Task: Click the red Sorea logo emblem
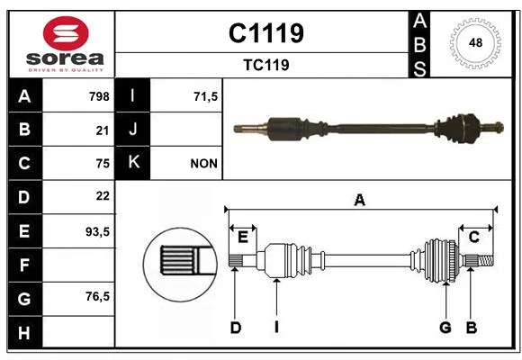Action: [x=66, y=33]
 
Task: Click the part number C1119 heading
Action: [x=266, y=33]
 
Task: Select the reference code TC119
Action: [x=266, y=65]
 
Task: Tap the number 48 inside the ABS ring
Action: [x=475, y=43]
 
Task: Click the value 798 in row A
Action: [x=99, y=96]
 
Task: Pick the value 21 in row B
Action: [x=103, y=130]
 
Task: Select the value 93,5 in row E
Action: [x=97, y=232]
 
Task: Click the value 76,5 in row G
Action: [x=97, y=296]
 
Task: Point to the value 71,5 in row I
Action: [x=205, y=96]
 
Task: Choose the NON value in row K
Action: [x=203, y=164]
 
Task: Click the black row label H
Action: [x=25, y=333]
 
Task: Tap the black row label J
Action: [x=132, y=130]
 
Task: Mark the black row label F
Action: [x=25, y=265]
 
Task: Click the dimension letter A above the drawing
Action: [x=360, y=201]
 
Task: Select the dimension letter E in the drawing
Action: [x=243, y=238]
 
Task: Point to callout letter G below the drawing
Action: [x=445, y=328]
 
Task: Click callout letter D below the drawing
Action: [x=236, y=328]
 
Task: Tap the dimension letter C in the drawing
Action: [x=473, y=237]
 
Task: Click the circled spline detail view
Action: [x=180, y=265]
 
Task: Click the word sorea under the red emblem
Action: [x=65, y=58]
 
